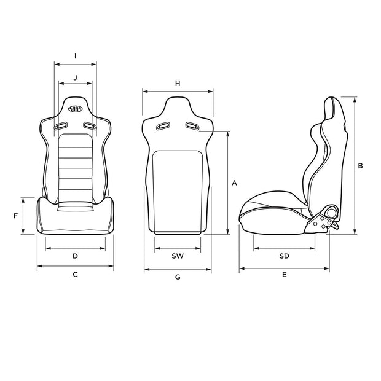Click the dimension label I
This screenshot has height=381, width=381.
75,55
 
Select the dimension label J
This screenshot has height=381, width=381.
75,77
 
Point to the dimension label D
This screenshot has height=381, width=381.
75,255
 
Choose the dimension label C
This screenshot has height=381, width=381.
75,275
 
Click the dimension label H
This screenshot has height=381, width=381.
178,83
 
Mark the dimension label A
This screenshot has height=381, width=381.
234,183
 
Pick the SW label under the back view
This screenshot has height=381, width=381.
177,255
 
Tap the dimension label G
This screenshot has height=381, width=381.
177,277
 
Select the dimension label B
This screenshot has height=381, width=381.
361,165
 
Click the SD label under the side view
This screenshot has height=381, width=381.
284,255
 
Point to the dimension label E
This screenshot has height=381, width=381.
284,275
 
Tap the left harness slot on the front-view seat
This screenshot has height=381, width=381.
60,127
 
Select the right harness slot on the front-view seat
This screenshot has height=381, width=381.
90,127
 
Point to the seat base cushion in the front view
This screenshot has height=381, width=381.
75,218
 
